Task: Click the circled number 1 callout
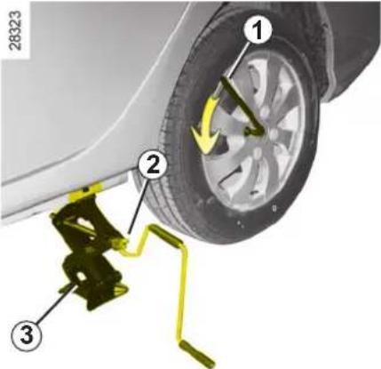(x=258, y=30)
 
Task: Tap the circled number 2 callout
(x=153, y=165)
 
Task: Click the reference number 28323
(x=15, y=30)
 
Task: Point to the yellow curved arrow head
(x=205, y=139)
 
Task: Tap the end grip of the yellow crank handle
(x=197, y=354)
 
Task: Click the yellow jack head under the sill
(x=85, y=191)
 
